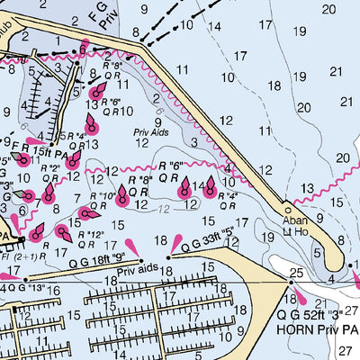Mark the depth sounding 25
click(x=296, y=273)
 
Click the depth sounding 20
click(x=342, y=158)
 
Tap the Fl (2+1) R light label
click(x=18, y=255)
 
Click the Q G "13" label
click(x=23, y=288)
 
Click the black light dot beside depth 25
click(x=291, y=282)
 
